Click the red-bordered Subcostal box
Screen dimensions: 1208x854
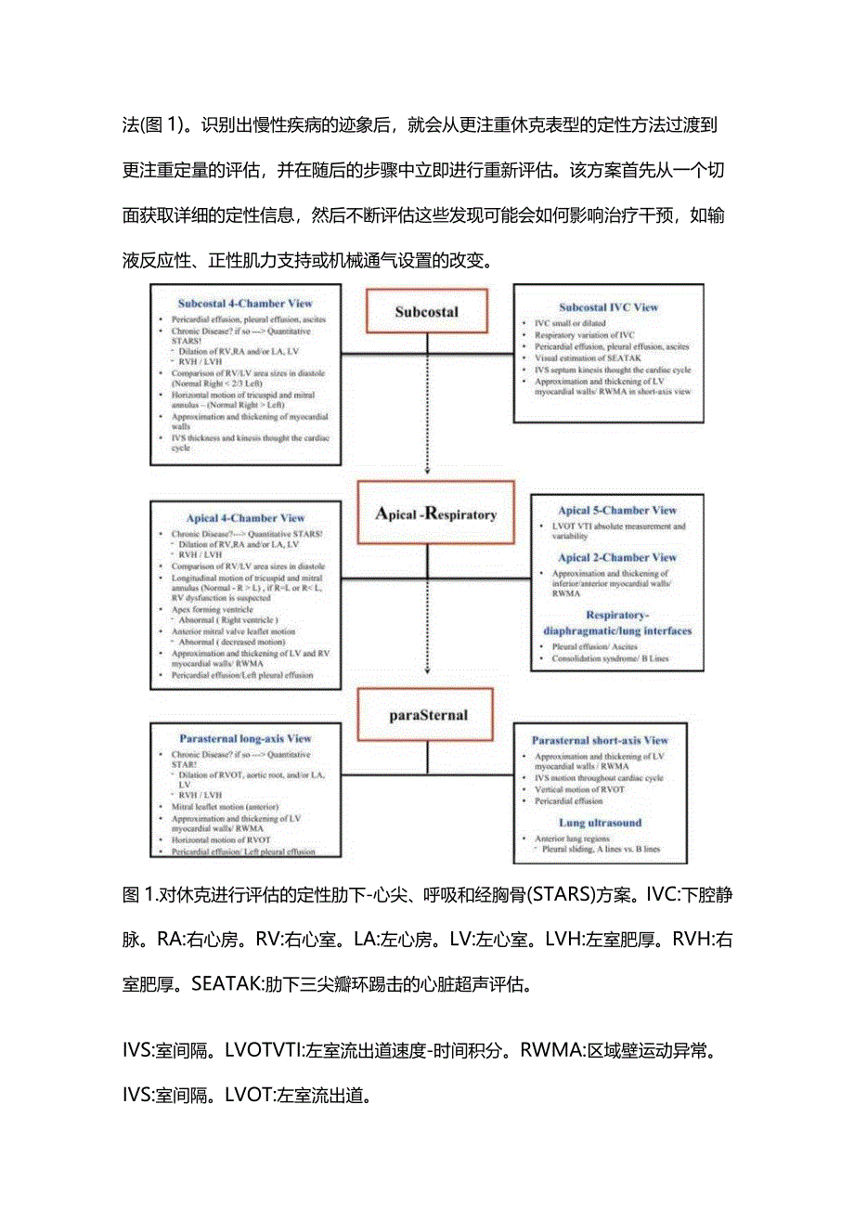point(426,311)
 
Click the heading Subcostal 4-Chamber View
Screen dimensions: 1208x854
point(245,303)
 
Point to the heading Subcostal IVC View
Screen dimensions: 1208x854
point(608,306)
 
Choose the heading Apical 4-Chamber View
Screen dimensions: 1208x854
point(245,518)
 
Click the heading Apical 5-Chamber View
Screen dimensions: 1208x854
point(616,510)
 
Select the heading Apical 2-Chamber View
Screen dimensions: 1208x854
point(616,557)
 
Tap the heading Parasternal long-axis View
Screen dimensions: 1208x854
point(245,738)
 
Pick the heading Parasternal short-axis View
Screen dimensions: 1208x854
point(600,740)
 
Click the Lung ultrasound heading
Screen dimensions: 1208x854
point(600,823)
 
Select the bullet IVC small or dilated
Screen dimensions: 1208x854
point(569,322)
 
